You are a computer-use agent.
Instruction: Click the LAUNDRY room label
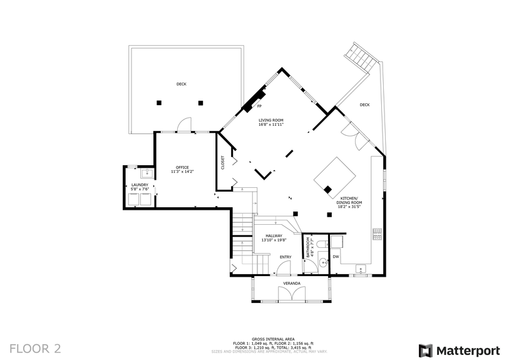click(140, 185)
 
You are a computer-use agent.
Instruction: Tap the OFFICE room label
click(182, 167)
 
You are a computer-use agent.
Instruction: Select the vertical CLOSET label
click(222, 163)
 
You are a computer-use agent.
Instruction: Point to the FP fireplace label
click(259, 106)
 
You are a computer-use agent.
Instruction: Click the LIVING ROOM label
click(271, 120)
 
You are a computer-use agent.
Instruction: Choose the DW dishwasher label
click(336, 256)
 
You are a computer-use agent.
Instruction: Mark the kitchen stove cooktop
click(377, 234)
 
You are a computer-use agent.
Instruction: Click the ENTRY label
click(285, 257)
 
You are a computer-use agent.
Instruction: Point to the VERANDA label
click(292, 284)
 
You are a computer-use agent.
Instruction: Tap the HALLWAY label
click(274, 236)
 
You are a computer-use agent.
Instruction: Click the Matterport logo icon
click(426, 350)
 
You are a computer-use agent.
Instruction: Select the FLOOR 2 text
click(35, 347)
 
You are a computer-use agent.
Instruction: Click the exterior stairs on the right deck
click(364, 58)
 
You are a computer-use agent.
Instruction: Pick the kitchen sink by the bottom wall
click(360, 270)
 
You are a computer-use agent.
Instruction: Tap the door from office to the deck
click(183, 126)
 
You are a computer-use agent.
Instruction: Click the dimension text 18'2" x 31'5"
click(349, 206)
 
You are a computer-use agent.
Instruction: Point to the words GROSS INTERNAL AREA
click(273, 338)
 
